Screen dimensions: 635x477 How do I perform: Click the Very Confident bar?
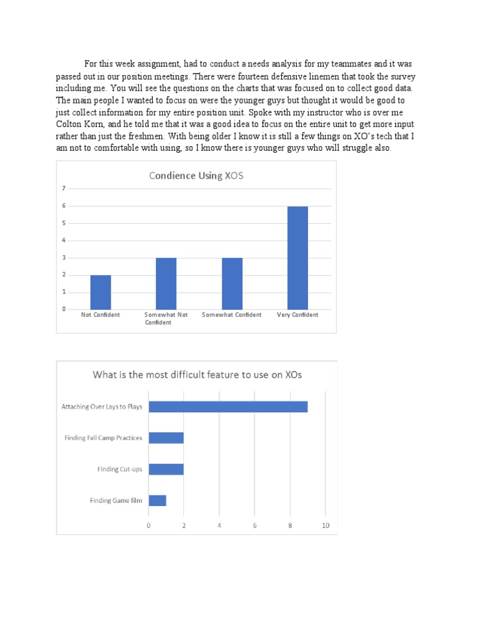pyautogui.click(x=298, y=257)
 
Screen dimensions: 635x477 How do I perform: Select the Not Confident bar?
pyautogui.click(x=101, y=292)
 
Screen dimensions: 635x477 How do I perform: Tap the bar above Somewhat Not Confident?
pyautogui.click(x=166, y=283)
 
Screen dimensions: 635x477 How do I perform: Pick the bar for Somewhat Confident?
pyautogui.click(x=232, y=283)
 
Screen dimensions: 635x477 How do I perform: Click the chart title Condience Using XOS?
pyautogui.click(x=196, y=175)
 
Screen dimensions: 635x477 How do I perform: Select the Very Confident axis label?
pyautogui.click(x=298, y=315)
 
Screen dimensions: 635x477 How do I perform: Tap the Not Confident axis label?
pyautogui.click(x=101, y=315)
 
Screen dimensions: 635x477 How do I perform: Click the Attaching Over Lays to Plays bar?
pyautogui.click(x=228, y=407)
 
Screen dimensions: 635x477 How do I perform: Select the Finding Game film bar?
pyautogui.click(x=157, y=500)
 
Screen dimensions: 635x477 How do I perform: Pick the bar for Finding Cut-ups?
pyautogui.click(x=166, y=469)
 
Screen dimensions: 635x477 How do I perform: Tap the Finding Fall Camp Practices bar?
pyautogui.click(x=166, y=438)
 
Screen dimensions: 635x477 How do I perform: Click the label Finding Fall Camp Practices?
pyautogui.click(x=103, y=438)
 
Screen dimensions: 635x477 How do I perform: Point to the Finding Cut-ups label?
pyautogui.click(x=119, y=469)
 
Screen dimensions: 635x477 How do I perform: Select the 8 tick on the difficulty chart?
pyautogui.click(x=290, y=525)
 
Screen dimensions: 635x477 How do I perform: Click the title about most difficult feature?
pyautogui.click(x=198, y=375)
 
